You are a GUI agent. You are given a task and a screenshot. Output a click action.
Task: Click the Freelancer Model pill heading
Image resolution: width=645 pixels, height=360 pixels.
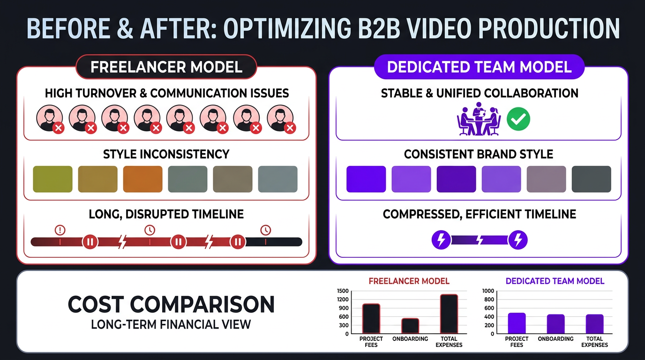pos(166,67)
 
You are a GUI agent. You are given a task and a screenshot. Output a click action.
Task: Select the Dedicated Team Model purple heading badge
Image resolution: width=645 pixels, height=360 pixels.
pos(479,67)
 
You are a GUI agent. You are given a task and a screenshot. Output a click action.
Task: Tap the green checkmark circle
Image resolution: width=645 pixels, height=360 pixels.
pos(519,120)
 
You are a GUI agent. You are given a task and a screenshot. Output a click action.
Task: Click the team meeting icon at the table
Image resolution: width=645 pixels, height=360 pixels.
pos(479,120)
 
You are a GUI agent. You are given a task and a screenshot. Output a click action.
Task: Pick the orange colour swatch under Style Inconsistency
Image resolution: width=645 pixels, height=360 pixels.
pos(142,179)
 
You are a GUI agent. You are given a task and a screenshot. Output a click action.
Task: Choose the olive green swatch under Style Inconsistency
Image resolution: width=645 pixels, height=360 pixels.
pos(52,179)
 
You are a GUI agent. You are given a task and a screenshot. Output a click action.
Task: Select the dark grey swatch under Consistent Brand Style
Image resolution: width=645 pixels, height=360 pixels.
pos(591,179)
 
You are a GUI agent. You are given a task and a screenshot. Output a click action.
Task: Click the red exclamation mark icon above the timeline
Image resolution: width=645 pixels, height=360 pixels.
pos(60,230)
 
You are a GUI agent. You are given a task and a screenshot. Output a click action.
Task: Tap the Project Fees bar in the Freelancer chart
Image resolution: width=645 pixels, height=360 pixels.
pos(371,319)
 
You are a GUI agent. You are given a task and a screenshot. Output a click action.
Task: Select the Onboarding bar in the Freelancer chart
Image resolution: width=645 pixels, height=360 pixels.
pos(410,326)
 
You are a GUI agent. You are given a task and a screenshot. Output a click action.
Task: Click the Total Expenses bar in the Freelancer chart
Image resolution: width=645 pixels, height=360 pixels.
pos(449,314)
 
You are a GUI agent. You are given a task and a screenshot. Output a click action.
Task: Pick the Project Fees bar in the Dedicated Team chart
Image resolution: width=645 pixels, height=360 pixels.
pos(517,323)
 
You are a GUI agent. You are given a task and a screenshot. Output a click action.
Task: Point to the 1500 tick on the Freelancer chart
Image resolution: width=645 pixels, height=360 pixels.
pos(343,291)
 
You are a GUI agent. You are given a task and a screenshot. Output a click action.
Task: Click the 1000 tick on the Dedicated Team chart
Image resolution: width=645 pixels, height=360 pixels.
pos(488,291)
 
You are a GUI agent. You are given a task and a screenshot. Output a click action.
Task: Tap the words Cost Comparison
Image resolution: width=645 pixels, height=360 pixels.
pos(171,305)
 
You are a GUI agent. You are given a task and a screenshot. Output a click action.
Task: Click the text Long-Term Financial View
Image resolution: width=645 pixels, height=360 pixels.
pos(171,324)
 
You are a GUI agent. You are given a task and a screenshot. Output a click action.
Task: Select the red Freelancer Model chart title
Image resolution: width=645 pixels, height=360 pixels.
pos(409,281)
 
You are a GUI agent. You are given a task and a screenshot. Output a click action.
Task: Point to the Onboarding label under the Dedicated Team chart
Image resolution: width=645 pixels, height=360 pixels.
pos(555,339)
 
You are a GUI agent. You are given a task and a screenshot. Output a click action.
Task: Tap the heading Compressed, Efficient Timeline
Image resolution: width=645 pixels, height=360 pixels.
pos(479,215)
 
